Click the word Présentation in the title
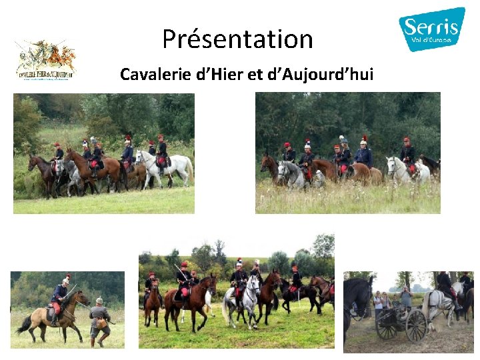pyautogui.click(x=237, y=39)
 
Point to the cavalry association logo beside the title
pyautogui.click(x=45, y=60)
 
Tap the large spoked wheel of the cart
pyautogui.click(x=416, y=325)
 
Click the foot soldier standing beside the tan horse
pyautogui.click(x=99, y=321)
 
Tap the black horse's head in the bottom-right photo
pyautogui.click(x=358, y=297)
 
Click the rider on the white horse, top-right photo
pyautogui.click(x=407, y=154)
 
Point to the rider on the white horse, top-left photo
pyautogui.click(x=161, y=152)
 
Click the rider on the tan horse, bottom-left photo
pyautogui.click(x=59, y=296)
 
